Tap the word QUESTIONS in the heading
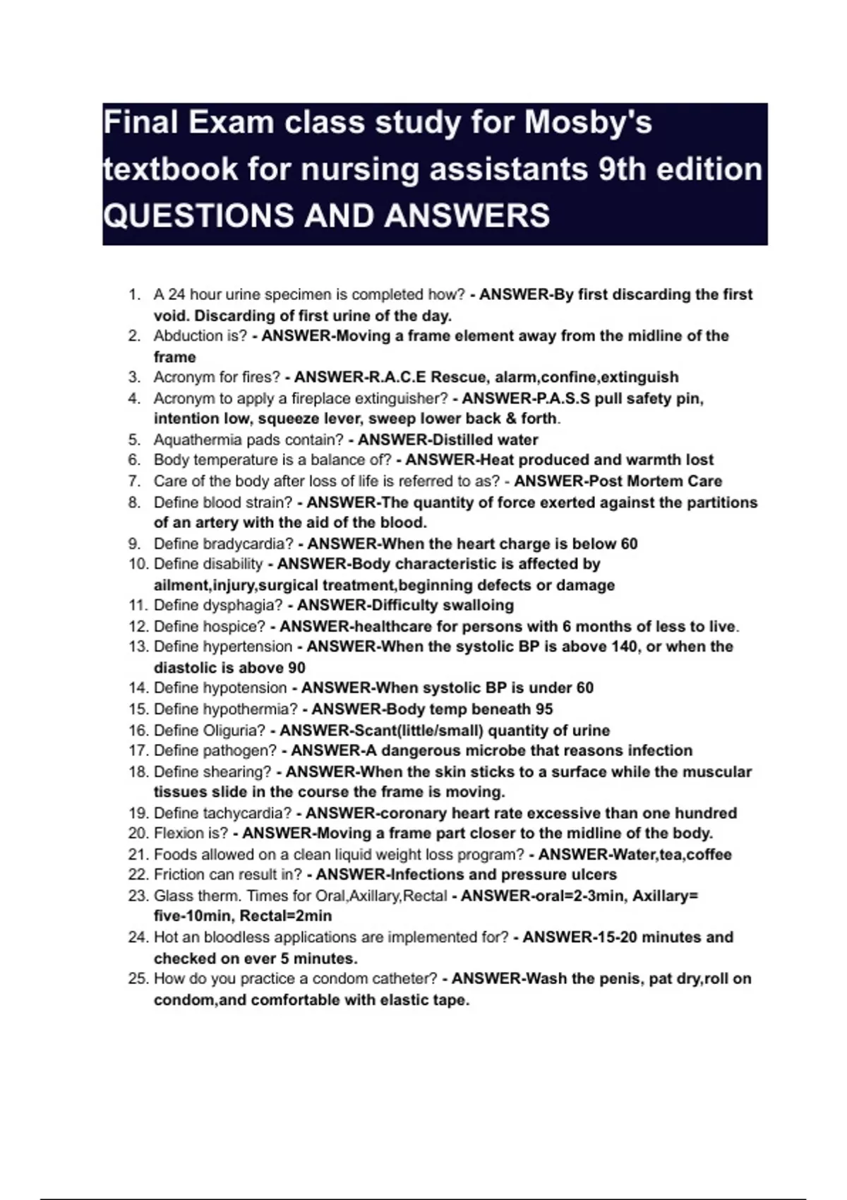pyautogui.click(x=198, y=215)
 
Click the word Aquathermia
pyautogui.click(x=198, y=440)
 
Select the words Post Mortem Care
pyautogui.click(x=654, y=481)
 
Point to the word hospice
pyautogui.click(x=234, y=626)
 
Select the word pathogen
pyautogui.click(x=240, y=750)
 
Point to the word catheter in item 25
pyautogui.click(x=409, y=979)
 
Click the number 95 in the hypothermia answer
pyautogui.click(x=543, y=709)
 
